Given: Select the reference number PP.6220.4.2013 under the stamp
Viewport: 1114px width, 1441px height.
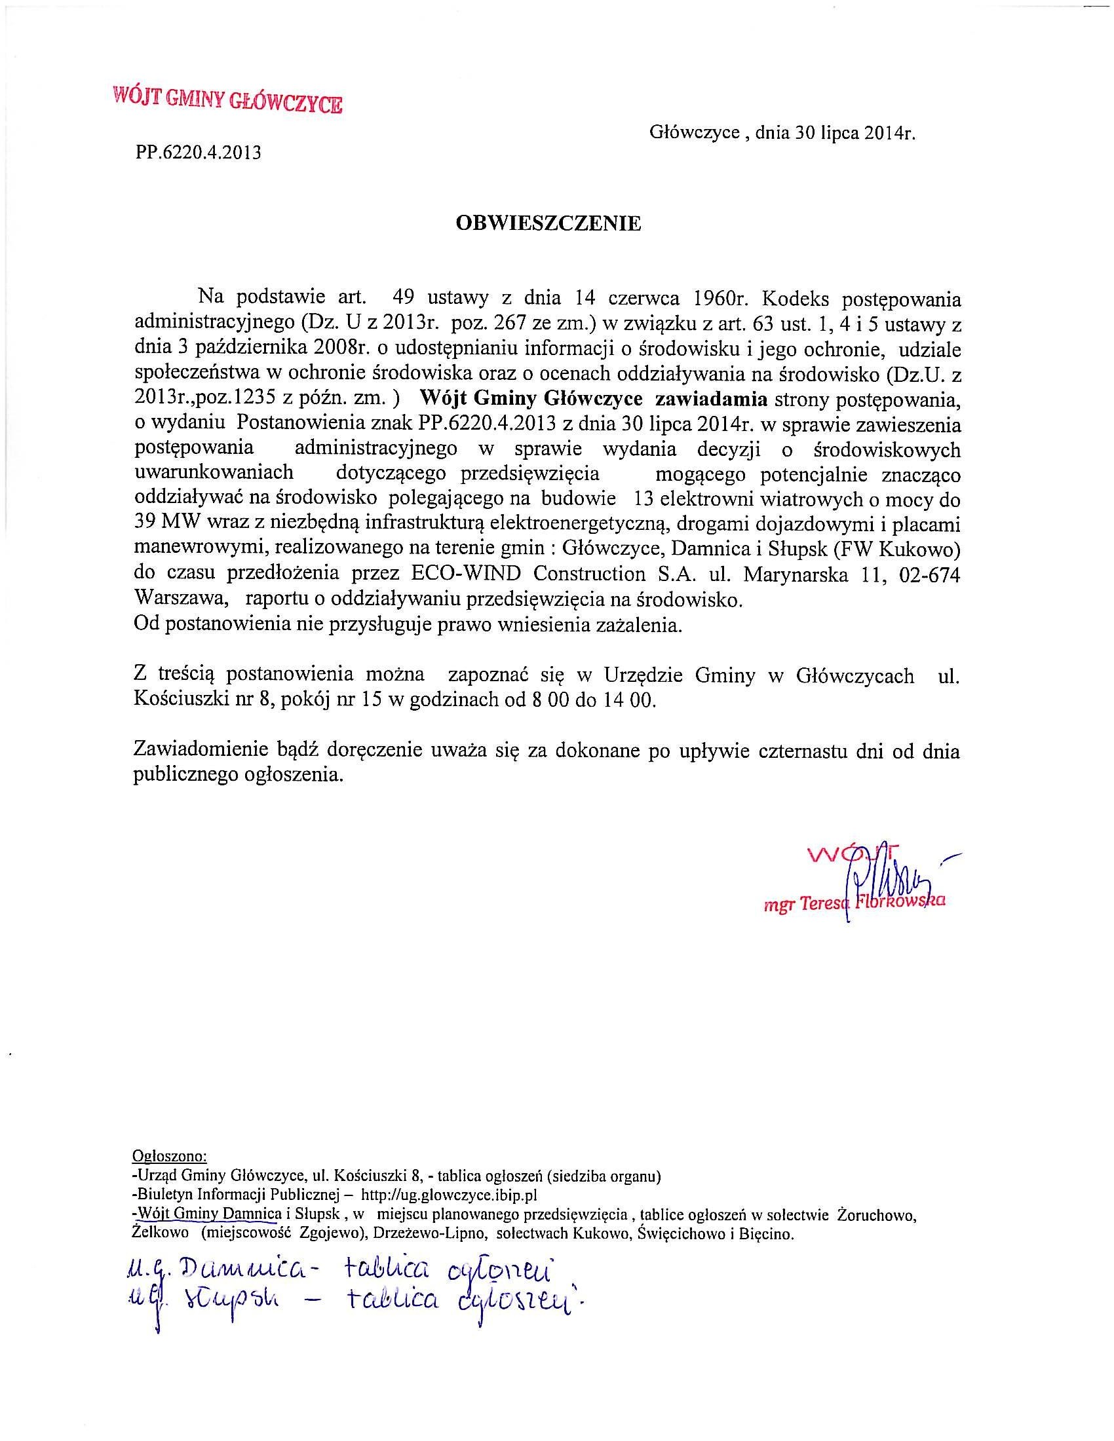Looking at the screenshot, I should [x=199, y=153].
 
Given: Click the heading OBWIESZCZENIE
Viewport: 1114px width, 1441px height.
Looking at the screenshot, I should [x=548, y=223].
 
